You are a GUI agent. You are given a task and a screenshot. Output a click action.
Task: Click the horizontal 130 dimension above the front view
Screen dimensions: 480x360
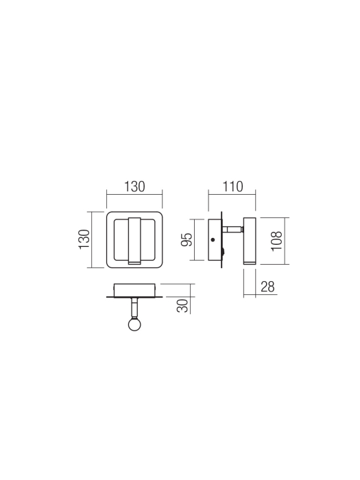[134, 186]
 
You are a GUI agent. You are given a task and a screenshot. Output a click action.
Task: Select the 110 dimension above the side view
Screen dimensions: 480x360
[232, 186]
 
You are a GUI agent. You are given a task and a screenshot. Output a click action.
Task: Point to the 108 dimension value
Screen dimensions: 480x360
[276, 239]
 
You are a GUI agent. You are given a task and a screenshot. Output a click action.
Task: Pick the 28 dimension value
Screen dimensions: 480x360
[267, 287]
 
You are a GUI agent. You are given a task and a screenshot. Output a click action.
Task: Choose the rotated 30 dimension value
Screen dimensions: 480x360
[182, 305]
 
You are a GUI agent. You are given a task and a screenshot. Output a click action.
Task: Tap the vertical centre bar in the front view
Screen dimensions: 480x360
[134, 239]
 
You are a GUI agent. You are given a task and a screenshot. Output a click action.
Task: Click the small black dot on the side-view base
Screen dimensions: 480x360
[214, 239]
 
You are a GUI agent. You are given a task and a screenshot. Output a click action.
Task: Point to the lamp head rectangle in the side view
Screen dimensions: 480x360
[250, 241]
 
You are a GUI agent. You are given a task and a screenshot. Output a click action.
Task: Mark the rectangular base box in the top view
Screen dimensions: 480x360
[134, 290]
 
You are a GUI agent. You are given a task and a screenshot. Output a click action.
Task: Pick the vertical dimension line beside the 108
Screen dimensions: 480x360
[285, 240]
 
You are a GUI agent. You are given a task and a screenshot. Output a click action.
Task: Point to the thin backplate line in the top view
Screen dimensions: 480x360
[134, 298]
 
